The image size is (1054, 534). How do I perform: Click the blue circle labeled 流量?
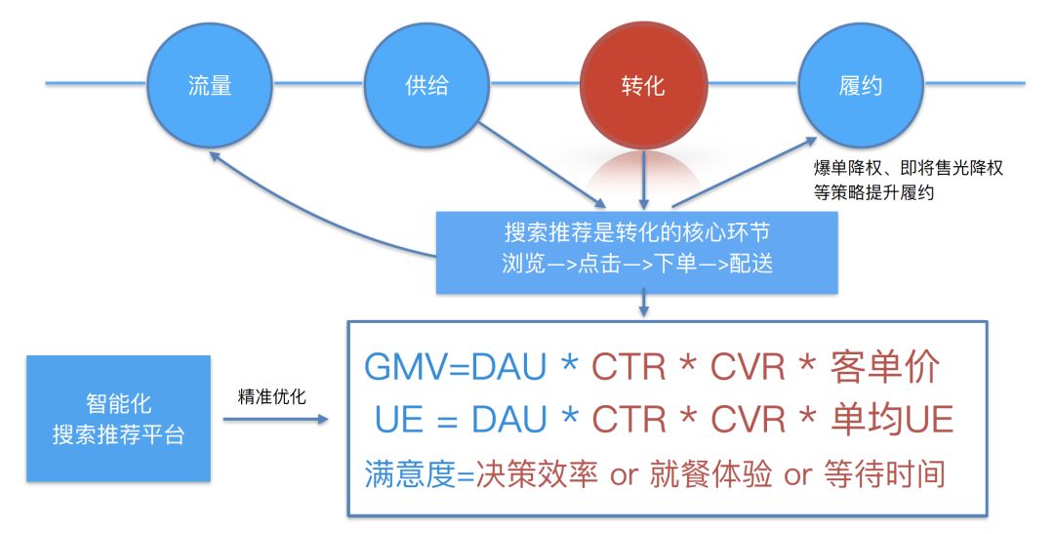[209, 85]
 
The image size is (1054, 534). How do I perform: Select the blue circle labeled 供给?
[426, 85]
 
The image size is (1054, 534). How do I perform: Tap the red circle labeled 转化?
[643, 85]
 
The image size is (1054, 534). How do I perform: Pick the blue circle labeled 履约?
[860, 85]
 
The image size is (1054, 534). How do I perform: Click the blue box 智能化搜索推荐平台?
[118, 419]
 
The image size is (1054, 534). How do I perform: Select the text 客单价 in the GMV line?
[885, 369]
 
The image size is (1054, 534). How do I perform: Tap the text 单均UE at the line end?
[892, 420]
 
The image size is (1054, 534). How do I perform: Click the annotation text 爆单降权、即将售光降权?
[908, 169]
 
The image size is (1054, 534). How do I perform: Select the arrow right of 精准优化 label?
[277, 420]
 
